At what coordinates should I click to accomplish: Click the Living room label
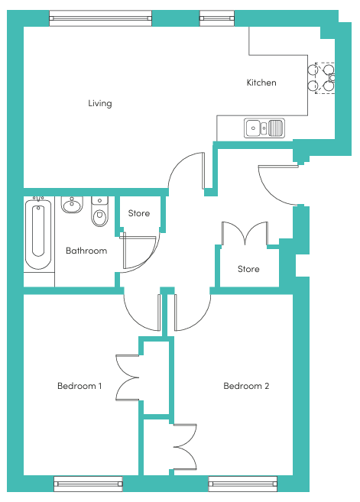click(x=100, y=103)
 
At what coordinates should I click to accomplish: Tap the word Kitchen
click(x=261, y=83)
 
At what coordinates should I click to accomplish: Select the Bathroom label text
click(x=86, y=251)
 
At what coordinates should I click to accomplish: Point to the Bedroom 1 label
click(x=79, y=386)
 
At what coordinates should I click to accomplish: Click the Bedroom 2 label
click(x=246, y=386)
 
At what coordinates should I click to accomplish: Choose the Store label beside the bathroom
click(x=138, y=213)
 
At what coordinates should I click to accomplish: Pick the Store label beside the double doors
click(x=248, y=269)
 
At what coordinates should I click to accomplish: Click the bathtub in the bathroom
click(x=38, y=234)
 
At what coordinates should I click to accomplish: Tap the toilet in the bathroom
click(x=99, y=212)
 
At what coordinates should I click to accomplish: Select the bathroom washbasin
click(x=72, y=205)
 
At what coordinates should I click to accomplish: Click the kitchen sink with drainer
click(x=264, y=128)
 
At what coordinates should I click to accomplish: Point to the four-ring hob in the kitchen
click(x=322, y=78)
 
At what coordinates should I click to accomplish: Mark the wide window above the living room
click(x=101, y=18)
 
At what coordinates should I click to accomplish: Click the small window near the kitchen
click(x=217, y=18)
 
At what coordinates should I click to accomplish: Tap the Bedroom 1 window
click(x=89, y=484)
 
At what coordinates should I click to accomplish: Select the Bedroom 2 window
click(x=243, y=484)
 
